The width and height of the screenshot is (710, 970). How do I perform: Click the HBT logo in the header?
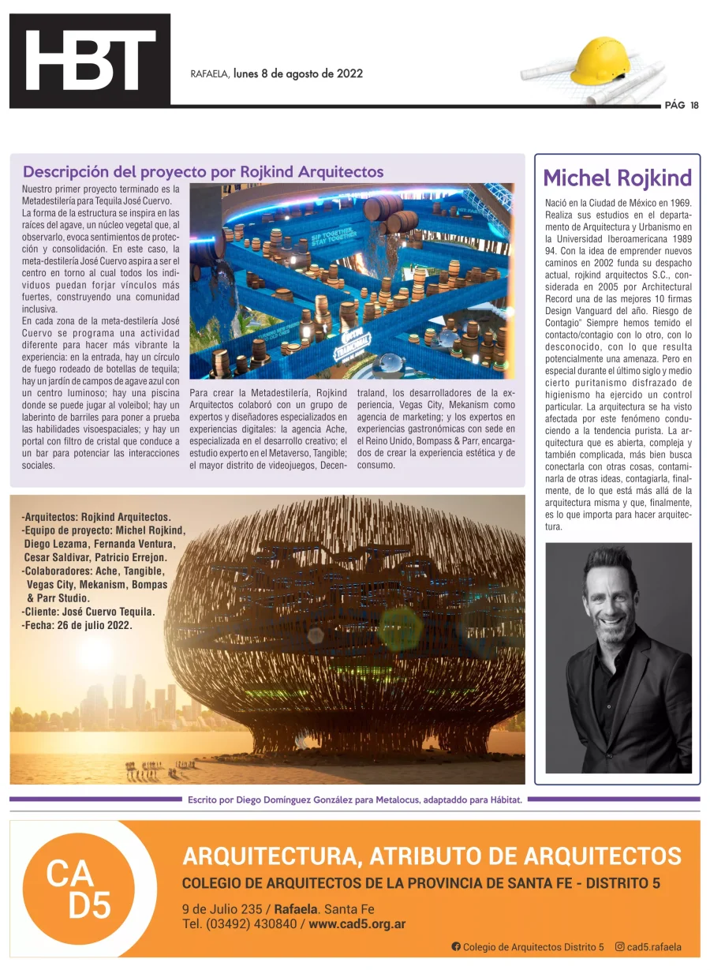[89, 61]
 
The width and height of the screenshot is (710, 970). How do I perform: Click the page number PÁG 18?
[681, 105]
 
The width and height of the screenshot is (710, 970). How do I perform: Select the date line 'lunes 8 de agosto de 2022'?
[297, 73]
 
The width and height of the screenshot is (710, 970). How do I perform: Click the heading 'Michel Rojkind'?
[617, 178]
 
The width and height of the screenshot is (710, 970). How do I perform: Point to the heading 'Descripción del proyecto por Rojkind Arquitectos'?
[203, 171]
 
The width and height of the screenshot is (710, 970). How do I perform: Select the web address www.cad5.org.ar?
[357, 924]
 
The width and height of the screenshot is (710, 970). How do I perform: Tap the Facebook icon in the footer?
[456, 946]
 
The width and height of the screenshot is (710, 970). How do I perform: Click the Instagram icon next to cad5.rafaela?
[620, 946]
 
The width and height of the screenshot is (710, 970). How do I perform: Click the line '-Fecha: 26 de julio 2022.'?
[77, 624]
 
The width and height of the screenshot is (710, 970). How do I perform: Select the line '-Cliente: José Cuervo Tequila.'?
[88, 611]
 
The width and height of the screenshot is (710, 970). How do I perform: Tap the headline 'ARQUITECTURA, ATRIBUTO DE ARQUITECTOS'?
[432, 855]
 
